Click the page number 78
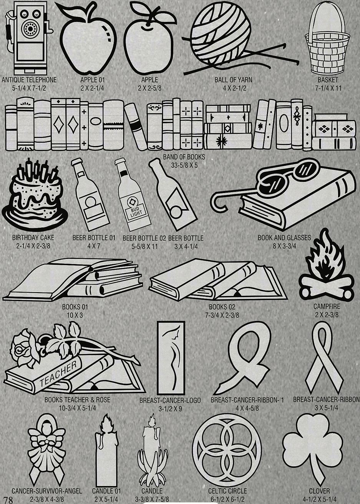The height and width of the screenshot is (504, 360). click(x=8, y=500)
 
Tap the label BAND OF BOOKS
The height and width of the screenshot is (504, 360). click(x=184, y=157)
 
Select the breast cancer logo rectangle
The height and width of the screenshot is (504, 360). click(x=171, y=358)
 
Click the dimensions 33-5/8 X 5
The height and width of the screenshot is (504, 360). click(x=184, y=165)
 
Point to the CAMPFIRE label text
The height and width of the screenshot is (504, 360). click(x=327, y=306)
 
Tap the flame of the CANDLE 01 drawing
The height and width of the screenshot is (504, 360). click(x=105, y=424)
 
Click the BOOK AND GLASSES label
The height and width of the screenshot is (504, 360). click(x=284, y=238)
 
